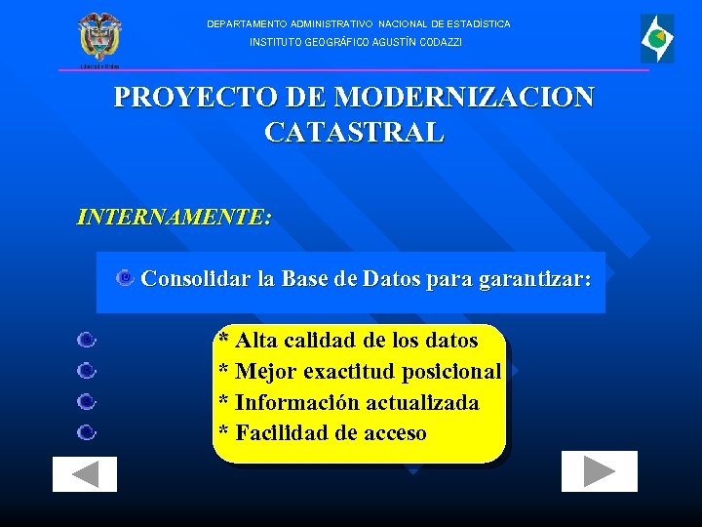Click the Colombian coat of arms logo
[x=99, y=38]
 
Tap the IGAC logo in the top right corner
[x=656, y=39]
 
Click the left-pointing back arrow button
[x=85, y=474]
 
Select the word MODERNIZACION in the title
[x=463, y=99]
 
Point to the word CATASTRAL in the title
[x=353, y=133]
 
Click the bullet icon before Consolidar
[x=125, y=280]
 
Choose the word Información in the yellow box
[x=292, y=403]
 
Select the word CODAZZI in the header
[x=441, y=43]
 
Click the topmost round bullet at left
[x=86, y=341]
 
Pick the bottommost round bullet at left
[x=86, y=432]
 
